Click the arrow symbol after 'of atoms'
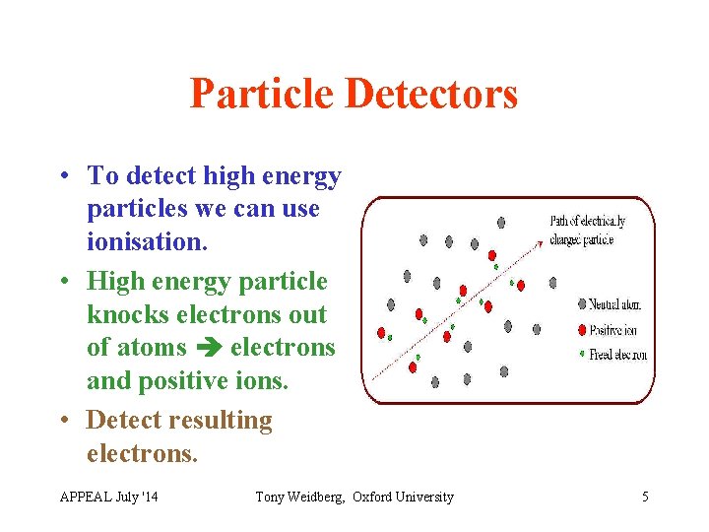(208, 349)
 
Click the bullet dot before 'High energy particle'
(63, 281)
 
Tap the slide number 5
(645, 497)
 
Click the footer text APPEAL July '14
(108, 497)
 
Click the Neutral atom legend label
(617, 305)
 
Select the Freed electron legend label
(618, 355)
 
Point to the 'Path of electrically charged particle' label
(587, 230)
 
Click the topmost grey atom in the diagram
(501, 223)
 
